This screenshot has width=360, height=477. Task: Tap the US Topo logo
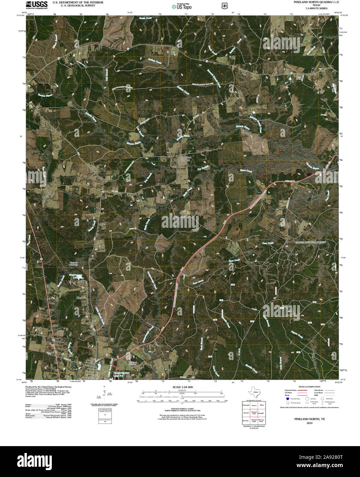point(182,6)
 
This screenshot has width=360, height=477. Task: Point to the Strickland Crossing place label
point(185,159)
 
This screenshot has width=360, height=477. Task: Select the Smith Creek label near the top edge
point(144,19)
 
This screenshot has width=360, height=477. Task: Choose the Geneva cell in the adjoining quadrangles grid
point(254,405)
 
